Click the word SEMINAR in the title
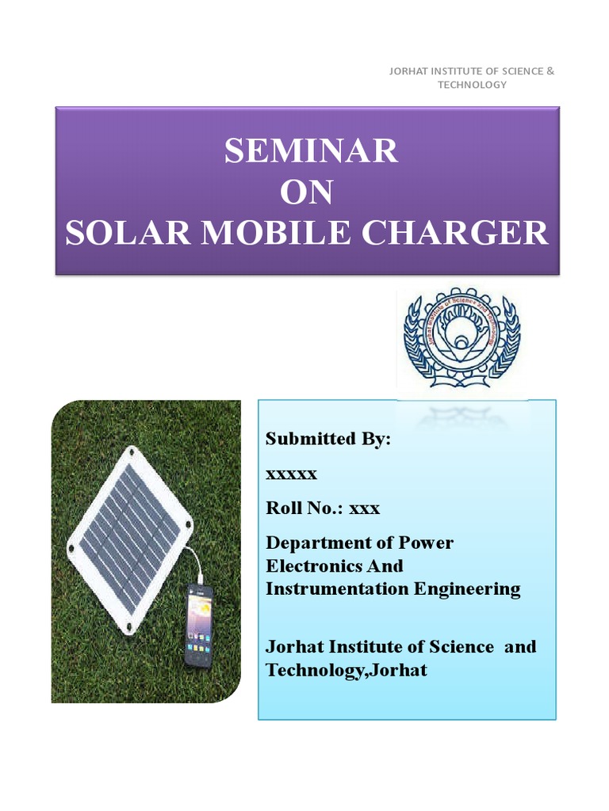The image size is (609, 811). pyautogui.click(x=311, y=150)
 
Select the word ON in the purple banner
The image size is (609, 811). pyautogui.click(x=307, y=192)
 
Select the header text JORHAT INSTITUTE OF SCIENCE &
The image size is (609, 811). pyautogui.click(x=472, y=71)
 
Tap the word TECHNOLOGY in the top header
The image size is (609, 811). pyautogui.click(x=472, y=85)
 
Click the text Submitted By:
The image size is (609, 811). pyautogui.click(x=328, y=439)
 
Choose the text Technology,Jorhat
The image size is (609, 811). pyautogui.click(x=346, y=670)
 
